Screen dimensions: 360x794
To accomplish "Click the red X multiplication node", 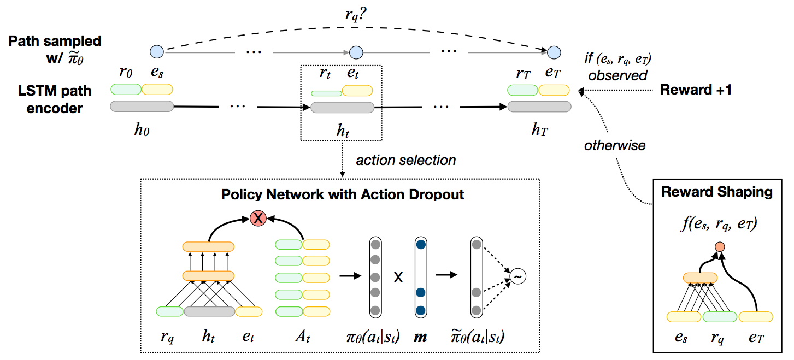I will point(257,219).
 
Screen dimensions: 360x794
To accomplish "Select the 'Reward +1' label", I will point(696,90).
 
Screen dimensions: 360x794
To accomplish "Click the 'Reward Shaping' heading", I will point(716,192).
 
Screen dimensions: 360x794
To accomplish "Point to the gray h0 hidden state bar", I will point(142,107).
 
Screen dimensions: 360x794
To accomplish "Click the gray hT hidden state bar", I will point(539,107).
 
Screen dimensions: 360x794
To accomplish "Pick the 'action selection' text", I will point(405,161).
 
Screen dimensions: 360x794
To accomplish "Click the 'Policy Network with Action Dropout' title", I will point(343,194).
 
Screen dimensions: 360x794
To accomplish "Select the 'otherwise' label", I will point(615,145).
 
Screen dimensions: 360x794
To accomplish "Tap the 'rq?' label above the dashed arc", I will point(356,15).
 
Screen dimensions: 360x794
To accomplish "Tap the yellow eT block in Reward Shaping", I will point(755,316).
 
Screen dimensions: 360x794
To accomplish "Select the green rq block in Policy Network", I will point(169,311).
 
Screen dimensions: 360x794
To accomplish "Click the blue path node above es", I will point(157,52).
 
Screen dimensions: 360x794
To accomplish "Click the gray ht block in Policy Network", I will point(209,311).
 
